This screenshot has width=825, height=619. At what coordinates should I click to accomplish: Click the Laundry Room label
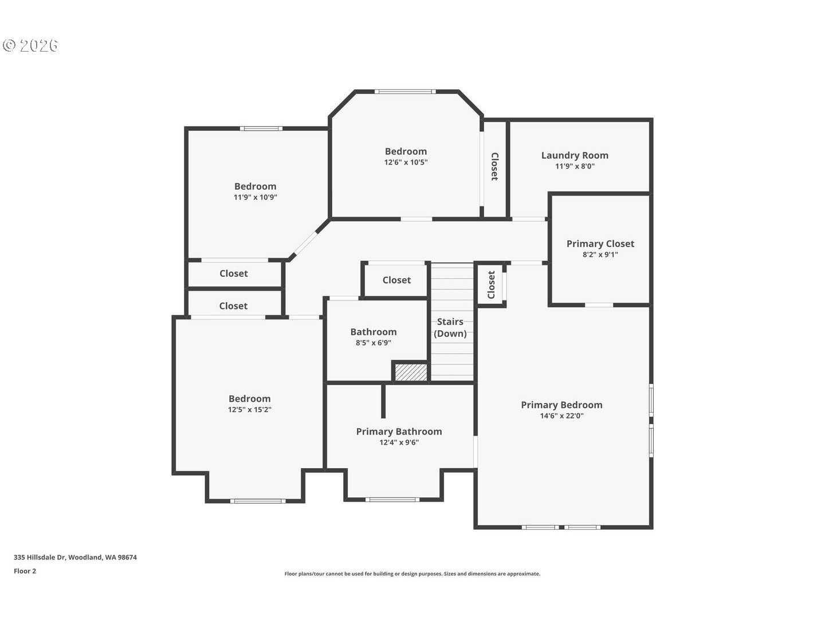tap(575, 155)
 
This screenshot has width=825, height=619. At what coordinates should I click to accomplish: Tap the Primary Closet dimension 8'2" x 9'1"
tap(600, 254)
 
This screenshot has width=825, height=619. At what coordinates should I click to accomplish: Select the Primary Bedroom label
tap(561, 405)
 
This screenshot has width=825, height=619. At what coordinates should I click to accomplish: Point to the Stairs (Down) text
tap(450, 327)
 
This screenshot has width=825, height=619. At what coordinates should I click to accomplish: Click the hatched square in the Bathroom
tap(410, 372)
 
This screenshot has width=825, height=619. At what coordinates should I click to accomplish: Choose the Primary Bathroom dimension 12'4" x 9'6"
tap(399, 442)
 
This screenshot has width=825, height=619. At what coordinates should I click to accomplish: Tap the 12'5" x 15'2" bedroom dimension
tap(249, 410)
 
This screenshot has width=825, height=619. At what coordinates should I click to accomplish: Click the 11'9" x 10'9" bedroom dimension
tap(255, 197)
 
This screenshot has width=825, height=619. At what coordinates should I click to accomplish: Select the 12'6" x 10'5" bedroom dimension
tap(406, 162)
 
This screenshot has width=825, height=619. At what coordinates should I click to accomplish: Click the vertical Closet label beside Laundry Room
tap(494, 167)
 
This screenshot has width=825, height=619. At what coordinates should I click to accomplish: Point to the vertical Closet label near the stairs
tap(491, 285)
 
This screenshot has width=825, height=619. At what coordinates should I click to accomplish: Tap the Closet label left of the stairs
tap(396, 280)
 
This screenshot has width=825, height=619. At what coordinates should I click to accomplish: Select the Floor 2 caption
tap(25, 571)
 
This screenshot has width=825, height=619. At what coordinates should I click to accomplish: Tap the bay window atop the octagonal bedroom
tap(405, 92)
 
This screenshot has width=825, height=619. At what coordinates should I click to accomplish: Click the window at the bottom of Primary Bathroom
tap(393, 500)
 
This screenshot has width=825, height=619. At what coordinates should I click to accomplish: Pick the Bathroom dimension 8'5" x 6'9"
tap(373, 343)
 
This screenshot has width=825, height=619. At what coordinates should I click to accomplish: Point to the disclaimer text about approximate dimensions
tap(412, 574)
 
